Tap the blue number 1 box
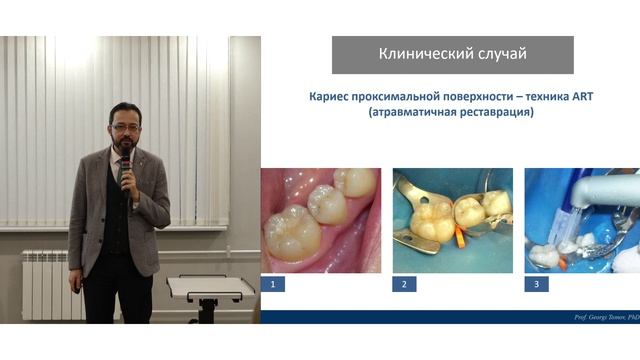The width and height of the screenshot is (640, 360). (x=273, y=284)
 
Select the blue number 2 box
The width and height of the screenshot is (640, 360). (x=404, y=284)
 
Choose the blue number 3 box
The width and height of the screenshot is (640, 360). (x=536, y=284)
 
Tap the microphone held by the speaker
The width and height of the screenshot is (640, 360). (x=125, y=164)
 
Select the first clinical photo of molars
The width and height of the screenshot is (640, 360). (x=320, y=220)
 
